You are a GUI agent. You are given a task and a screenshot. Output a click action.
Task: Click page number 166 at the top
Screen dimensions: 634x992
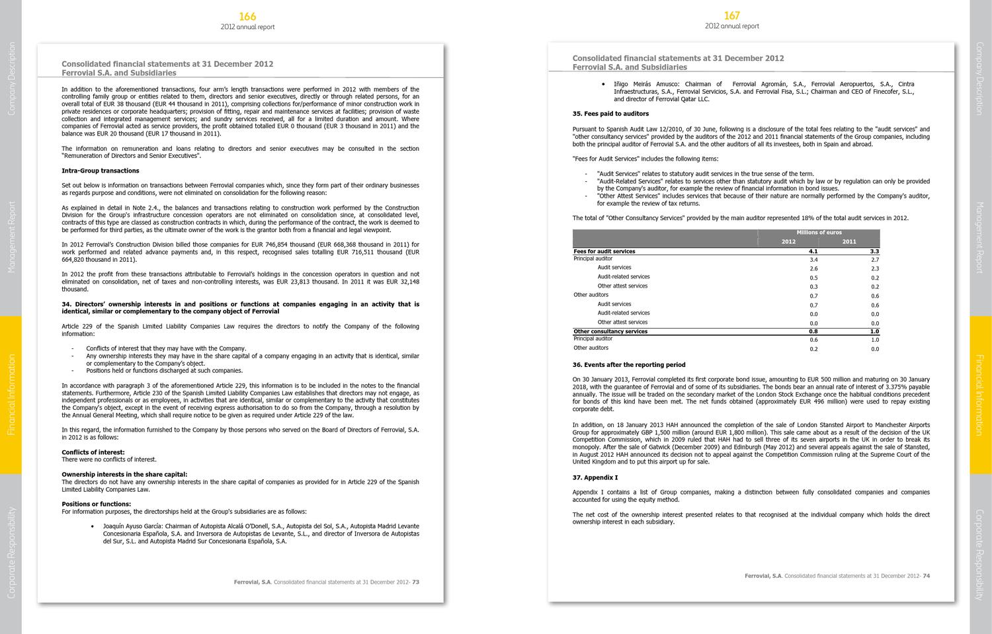247,17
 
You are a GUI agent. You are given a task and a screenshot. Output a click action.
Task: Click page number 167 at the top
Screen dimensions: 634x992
731,16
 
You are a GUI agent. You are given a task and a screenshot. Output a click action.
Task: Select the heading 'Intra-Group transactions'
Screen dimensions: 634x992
101,171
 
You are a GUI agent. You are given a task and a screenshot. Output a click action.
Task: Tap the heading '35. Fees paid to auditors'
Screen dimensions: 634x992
610,114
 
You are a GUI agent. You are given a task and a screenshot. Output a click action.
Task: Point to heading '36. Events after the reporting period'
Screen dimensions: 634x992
629,365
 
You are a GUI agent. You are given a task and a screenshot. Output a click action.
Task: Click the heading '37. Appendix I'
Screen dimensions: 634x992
595,477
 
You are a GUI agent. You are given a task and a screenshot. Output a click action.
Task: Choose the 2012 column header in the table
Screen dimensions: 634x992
788,242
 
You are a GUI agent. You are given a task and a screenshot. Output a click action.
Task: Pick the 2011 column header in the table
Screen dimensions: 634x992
849,242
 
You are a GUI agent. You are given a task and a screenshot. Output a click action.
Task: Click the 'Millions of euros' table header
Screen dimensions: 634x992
819,233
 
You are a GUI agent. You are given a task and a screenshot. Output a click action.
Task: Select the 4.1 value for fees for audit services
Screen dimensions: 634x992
813,251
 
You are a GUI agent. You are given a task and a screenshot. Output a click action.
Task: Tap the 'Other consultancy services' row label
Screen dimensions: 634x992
610,331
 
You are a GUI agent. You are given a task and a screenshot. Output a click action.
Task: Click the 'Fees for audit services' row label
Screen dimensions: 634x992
604,251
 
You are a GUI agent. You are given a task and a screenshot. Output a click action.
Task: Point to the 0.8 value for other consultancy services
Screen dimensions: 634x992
813,331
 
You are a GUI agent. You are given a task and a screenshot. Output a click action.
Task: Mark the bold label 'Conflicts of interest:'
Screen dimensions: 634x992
93,452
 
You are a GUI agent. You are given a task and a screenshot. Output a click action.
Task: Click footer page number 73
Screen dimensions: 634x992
416,582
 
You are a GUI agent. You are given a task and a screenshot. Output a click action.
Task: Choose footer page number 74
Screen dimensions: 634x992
927,576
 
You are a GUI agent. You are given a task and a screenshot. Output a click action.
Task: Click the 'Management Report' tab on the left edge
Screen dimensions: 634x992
11,237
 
